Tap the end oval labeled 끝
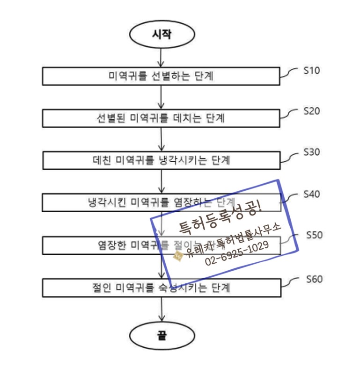tap(162, 335)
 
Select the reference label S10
tap(311, 71)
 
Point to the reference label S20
tap(311, 111)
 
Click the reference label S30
tap(311, 152)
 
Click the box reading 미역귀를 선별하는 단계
tap(162, 76)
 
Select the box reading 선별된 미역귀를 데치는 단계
tap(162, 118)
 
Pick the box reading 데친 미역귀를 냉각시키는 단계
tap(162, 160)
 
